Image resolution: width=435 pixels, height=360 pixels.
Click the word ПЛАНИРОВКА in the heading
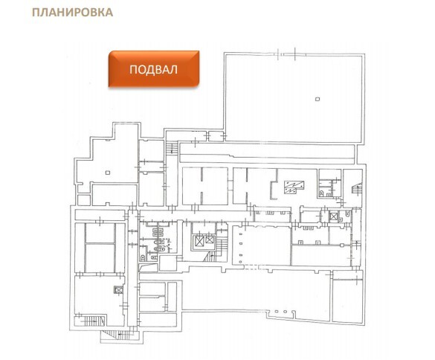click(x=72, y=12)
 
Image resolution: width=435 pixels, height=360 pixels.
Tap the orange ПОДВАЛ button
click(x=154, y=69)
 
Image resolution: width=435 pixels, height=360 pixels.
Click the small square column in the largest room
click(x=318, y=99)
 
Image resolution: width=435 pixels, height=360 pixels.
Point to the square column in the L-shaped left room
click(x=108, y=173)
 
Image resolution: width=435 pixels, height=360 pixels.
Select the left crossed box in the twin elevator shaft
click(x=199, y=241)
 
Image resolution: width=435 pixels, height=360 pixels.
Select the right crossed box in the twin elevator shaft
click(x=210, y=240)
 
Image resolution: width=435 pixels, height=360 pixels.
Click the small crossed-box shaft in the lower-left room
click(x=118, y=290)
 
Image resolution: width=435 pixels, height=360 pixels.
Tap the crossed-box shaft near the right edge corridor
click(x=333, y=216)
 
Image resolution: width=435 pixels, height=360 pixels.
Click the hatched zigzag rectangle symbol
click(x=294, y=187)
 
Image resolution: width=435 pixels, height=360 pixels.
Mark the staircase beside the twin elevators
click(x=222, y=247)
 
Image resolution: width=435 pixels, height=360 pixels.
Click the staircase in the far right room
click(x=357, y=188)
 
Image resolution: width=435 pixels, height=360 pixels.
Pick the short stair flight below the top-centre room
click(x=172, y=148)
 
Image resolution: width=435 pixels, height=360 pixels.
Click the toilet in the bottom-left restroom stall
click(x=143, y=257)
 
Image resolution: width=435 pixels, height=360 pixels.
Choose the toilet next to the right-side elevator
click(x=347, y=213)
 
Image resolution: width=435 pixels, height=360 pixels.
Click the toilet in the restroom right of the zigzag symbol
click(x=321, y=193)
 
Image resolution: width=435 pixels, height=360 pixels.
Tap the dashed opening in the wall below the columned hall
click(x=251, y=267)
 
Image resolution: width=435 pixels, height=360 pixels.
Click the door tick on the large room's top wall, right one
click(x=295, y=54)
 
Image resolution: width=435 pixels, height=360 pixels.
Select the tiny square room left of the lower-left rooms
click(x=84, y=200)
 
